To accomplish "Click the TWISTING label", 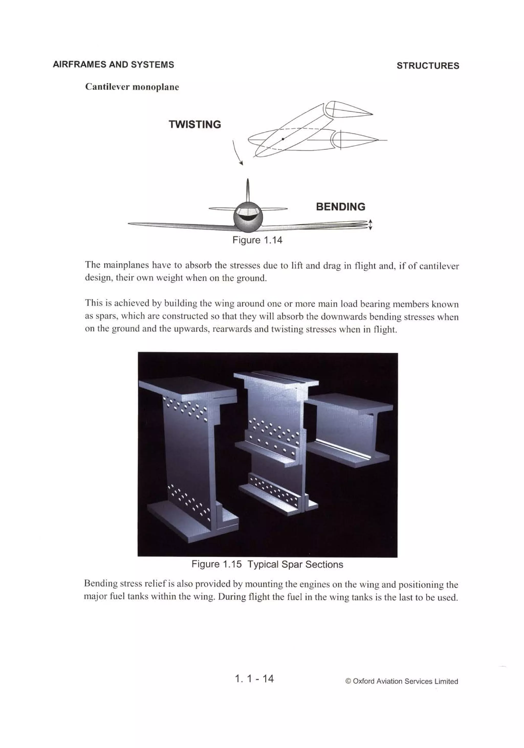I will coord(195,124).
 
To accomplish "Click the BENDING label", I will coord(340,207).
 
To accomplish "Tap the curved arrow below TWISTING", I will coord(237,153).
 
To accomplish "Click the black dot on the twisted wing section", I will coord(283,139).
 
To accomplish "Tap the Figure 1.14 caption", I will coord(257,240).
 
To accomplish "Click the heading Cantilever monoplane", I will coord(132,87).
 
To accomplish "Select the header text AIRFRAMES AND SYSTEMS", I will coord(113,64).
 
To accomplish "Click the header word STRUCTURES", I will coord(428,66).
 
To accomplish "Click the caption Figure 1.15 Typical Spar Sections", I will coord(267,564).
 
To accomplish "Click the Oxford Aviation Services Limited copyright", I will coord(402,681).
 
